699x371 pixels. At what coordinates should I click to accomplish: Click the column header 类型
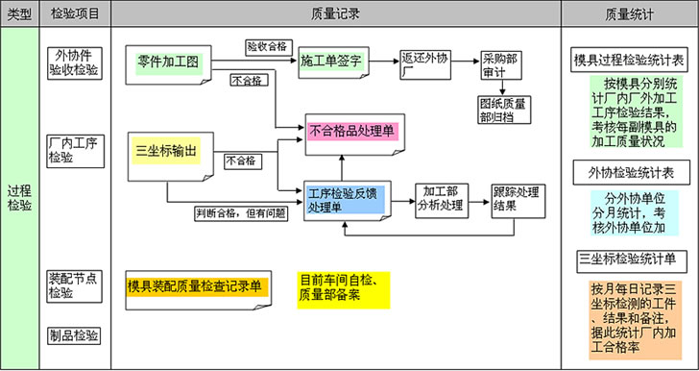(19, 14)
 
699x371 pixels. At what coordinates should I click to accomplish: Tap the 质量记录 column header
(336, 14)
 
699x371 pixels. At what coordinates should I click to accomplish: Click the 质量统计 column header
(628, 14)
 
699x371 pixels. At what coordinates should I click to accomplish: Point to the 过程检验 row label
(19, 191)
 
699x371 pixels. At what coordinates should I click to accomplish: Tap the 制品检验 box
(74, 335)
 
